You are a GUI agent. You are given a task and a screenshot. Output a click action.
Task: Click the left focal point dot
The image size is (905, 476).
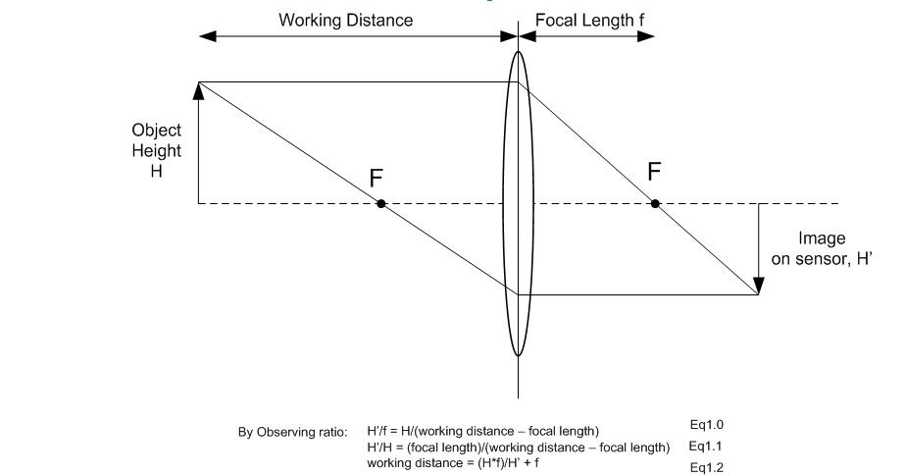380,203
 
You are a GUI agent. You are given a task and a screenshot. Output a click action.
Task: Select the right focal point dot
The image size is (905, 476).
655,203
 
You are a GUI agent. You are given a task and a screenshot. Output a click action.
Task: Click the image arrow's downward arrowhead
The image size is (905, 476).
758,289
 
